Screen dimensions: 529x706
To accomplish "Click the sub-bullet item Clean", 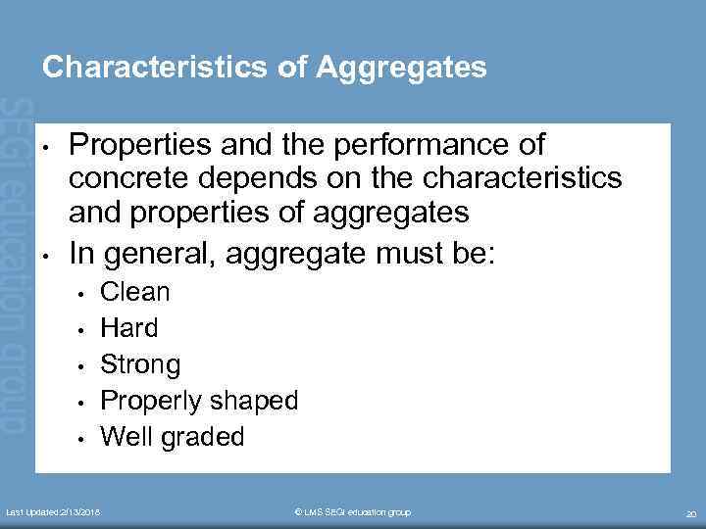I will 135,292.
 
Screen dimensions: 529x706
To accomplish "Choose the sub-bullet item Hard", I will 129,328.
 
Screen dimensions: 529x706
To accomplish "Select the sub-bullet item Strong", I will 141,364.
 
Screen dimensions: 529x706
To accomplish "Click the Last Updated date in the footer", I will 59,512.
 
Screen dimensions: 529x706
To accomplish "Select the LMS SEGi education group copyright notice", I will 353,512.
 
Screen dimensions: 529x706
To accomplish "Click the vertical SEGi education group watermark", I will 16,264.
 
